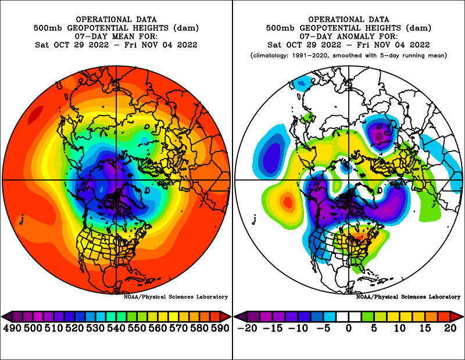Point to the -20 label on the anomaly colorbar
(x=248, y=328)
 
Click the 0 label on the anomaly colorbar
(x=349, y=328)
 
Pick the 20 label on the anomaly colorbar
(x=450, y=328)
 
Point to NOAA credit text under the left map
(x=176, y=297)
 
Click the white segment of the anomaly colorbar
(x=349, y=316)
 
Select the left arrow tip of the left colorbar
(x=4, y=316)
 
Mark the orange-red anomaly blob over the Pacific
(x=286, y=203)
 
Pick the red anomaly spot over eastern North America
(x=362, y=236)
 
